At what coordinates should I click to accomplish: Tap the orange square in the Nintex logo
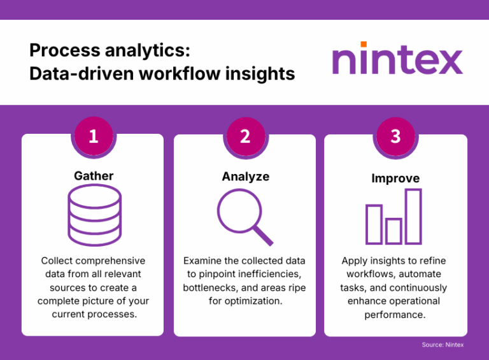pos(364,45)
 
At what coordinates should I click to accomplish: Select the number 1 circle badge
pos(94,136)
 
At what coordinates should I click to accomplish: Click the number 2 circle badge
pos(245,136)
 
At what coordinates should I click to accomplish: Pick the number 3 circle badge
pos(395,136)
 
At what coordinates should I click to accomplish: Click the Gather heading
pos(93,176)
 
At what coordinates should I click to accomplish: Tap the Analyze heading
pos(245,176)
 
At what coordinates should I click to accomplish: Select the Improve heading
pos(395,178)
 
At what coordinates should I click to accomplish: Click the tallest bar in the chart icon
pos(413,216)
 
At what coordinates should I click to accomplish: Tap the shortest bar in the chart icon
pos(393,231)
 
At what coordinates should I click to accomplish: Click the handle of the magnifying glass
pos(262,234)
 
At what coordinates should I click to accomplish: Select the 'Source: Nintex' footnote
pos(443,345)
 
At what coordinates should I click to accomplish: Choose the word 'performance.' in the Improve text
pos(395,314)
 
